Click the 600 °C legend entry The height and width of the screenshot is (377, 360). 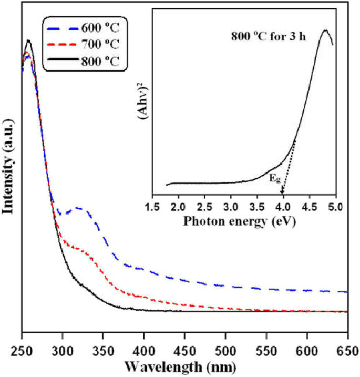100,26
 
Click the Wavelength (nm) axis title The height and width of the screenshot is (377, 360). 184,365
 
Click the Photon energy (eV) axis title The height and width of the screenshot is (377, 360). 240,221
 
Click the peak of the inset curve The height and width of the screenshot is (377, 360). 325,30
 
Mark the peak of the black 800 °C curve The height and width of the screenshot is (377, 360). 28,40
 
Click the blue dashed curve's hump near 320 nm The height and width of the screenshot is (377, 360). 79,208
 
